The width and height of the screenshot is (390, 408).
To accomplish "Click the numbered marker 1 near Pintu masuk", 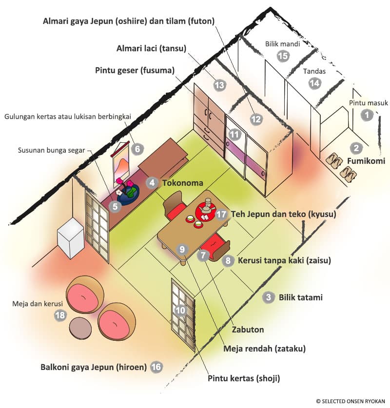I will tap(367, 116).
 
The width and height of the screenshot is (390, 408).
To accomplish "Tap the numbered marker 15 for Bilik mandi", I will tap(283, 56).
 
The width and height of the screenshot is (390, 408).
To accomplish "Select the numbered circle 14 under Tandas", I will tap(315, 83).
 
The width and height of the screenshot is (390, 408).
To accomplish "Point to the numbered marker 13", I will tap(220, 85).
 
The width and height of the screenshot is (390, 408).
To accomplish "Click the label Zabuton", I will tap(249, 330).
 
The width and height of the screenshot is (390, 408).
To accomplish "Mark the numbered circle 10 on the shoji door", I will tap(180, 310).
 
